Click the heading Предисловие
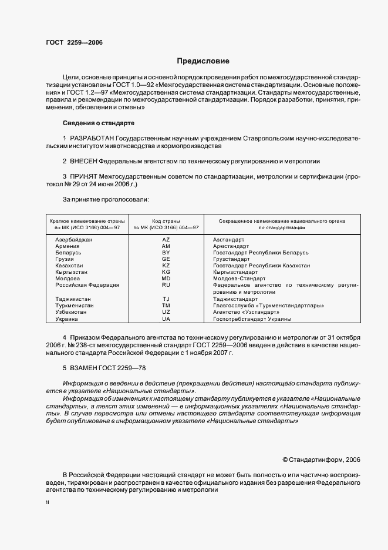pos(203,61)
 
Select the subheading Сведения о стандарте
pos(98,123)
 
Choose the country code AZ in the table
pos(166,240)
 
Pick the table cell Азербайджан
pos(73,240)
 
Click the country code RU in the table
pos(166,285)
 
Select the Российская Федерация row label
pos(87,285)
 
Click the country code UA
pos(166,319)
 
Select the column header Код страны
pos(166,220)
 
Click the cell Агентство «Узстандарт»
pos(246,312)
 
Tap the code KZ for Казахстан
pos(166,266)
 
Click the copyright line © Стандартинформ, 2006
pos(321,460)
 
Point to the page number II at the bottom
pos(48,503)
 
